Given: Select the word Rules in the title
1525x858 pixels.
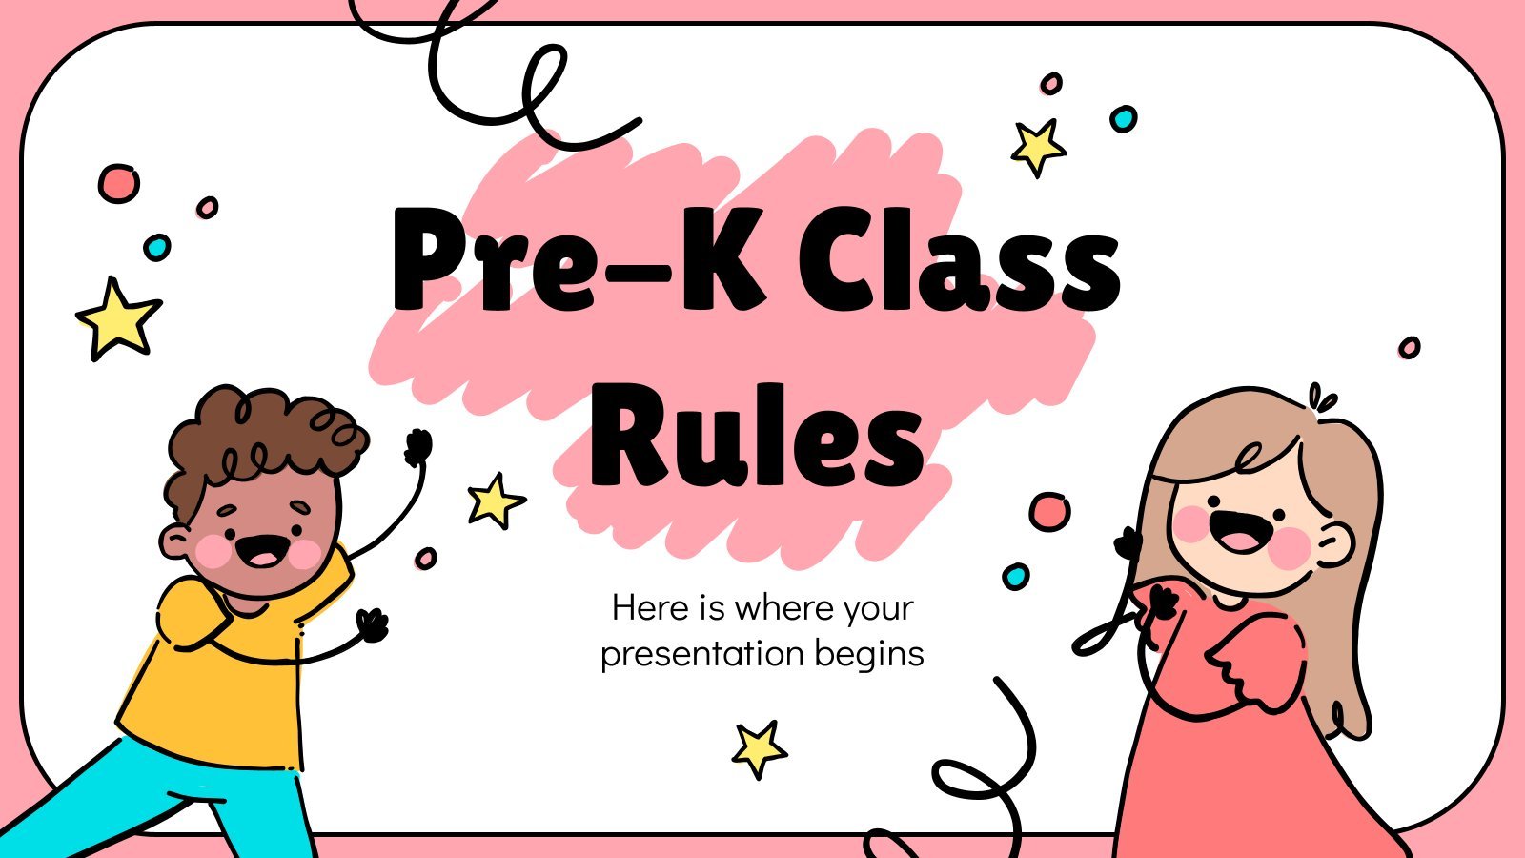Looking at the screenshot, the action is [x=757, y=436].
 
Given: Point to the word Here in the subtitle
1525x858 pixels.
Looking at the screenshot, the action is [x=649, y=606].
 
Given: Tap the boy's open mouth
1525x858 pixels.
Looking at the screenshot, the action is [x=262, y=550].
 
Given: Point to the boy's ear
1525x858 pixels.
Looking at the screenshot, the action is [x=175, y=542].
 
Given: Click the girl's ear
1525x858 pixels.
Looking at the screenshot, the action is [x=1333, y=543].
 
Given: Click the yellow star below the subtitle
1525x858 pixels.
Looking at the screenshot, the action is [x=759, y=748].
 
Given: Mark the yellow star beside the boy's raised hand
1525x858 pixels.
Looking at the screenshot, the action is [x=496, y=500].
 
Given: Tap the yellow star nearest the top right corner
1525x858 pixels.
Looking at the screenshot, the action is [x=1038, y=147].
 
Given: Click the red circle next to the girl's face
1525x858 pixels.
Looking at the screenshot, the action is [x=1049, y=512].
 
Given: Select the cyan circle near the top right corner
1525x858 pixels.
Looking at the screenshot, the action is [x=1124, y=119].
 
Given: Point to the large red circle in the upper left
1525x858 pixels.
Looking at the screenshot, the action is [x=118, y=183].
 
